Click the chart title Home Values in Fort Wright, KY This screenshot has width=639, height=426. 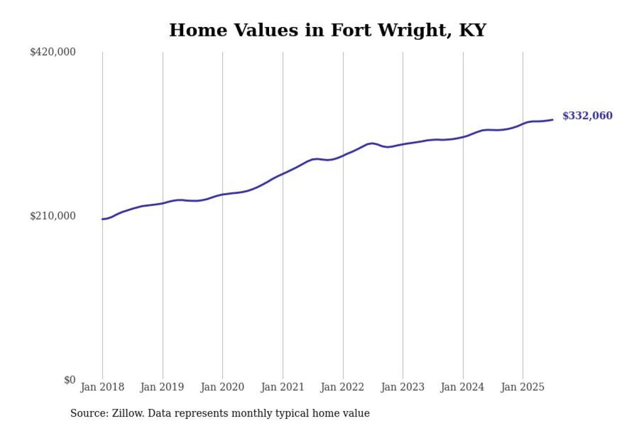coord(327,30)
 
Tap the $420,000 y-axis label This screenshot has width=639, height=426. coord(53,52)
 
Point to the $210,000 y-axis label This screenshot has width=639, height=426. coord(53,216)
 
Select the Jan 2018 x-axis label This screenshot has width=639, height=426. coord(102,388)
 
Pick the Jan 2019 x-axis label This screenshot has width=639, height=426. coord(162,388)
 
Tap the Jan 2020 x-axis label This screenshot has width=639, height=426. coord(222,388)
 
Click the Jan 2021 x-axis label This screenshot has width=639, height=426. coord(283,388)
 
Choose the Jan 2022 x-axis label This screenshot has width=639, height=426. coord(342,388)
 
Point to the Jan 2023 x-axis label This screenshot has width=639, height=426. coord(402,388)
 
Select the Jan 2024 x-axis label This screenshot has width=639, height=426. coord(463,388)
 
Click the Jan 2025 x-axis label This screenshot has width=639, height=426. coord(523,388)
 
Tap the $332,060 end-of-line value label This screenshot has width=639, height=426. coord(587,116)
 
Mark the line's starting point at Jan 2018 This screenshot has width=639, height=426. coord(102,219)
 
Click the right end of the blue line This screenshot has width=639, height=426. coord(552,119)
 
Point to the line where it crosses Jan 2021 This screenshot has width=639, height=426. coord(283,174)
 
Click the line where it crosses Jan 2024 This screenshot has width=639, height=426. coord(463,136)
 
